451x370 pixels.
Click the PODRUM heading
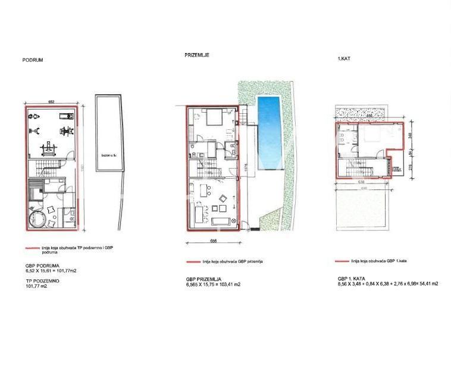pos(33,60)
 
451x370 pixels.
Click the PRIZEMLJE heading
pos(196,55)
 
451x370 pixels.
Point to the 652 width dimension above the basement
pos(51,102)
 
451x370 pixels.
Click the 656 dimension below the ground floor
pos(213,241)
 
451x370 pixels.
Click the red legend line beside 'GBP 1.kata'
pos(342,261)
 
